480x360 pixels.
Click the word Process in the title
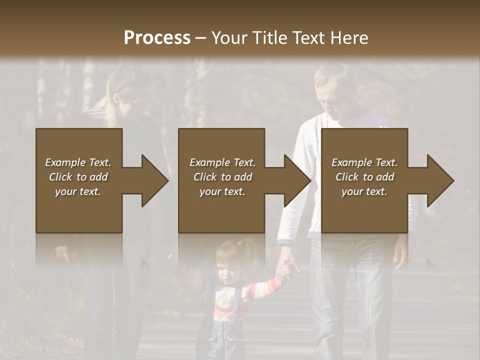[x=157, y=37]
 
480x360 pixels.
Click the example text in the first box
[x=78, y=177]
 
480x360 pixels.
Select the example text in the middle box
[x=222, y=177]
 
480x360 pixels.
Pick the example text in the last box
[x=364, y=177]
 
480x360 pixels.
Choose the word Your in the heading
[x=228, y=37]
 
